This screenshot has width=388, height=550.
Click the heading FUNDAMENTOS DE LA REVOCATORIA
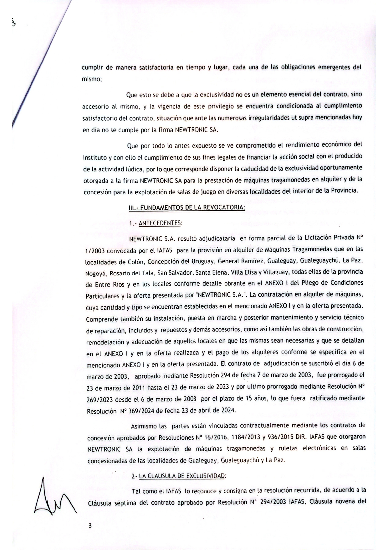[x=192, y=207]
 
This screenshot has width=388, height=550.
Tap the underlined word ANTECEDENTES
[x=160, y=223]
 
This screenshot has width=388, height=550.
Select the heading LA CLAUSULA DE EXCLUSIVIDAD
[x=182, y=476]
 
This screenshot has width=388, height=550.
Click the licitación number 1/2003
[x=94, y=251]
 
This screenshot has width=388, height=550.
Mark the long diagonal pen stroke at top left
[x=41, y=63]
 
